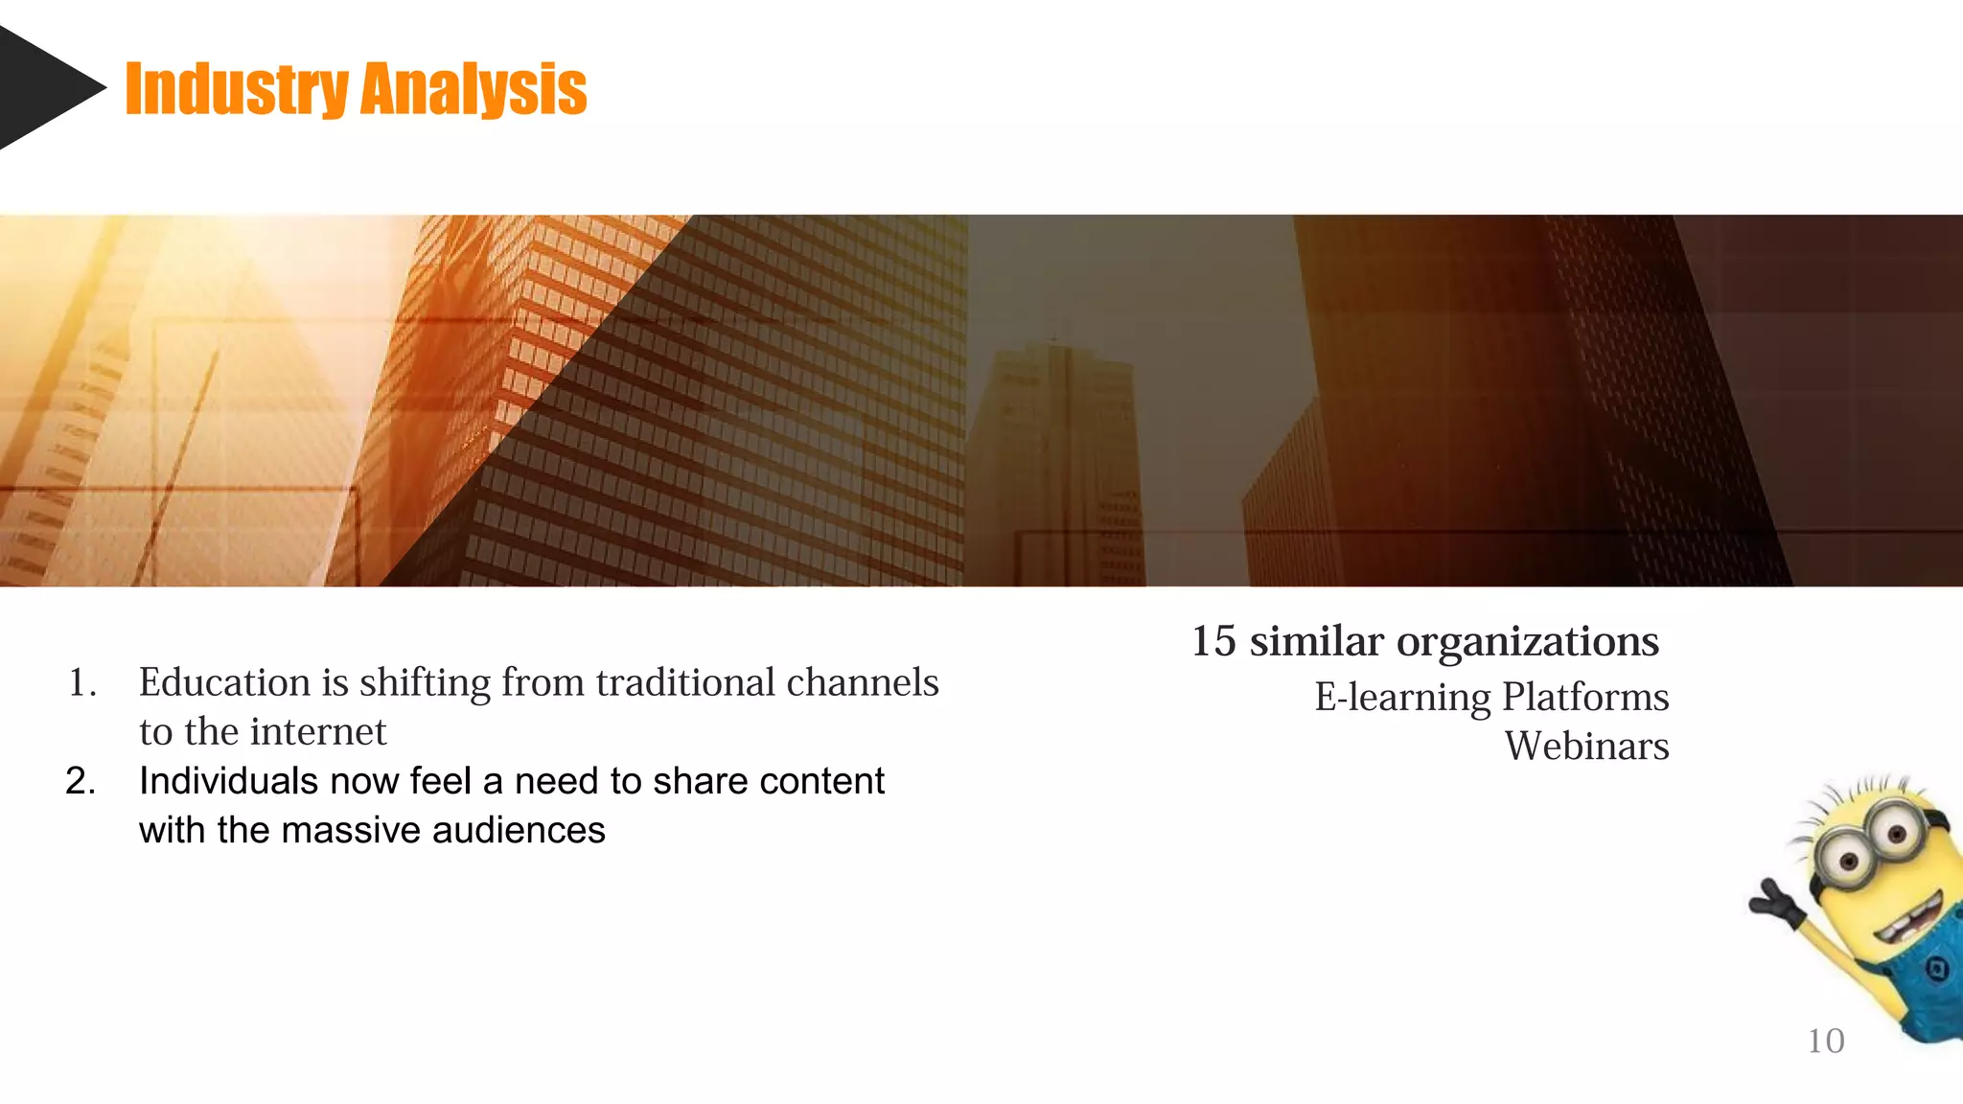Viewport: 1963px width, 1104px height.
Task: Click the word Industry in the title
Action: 236,89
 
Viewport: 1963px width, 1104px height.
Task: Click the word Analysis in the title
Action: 473,89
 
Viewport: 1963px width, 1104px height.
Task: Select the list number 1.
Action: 81,682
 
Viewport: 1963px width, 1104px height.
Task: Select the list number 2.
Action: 81,781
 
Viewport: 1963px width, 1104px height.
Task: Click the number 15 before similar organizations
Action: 1213,641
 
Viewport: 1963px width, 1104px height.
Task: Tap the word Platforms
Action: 1585,697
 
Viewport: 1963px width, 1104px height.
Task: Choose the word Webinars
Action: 1586,746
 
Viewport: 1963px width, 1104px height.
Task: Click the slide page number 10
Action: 1825,1041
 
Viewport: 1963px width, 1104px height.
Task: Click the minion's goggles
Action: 1869,843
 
